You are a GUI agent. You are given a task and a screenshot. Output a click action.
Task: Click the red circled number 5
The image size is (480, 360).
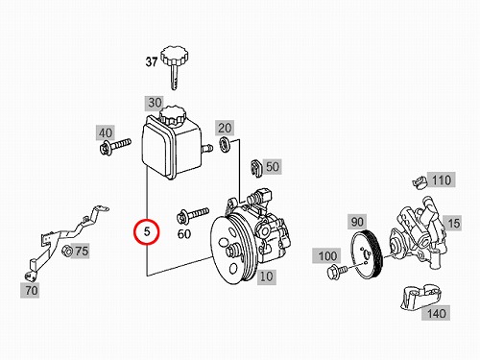147,231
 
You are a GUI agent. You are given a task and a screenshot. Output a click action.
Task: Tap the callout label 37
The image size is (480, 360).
152,61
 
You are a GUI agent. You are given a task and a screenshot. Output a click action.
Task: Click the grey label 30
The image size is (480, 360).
155,103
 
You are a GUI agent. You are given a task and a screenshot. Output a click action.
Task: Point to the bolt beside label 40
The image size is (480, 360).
115,146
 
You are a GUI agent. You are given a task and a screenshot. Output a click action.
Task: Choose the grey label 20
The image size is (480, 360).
225,128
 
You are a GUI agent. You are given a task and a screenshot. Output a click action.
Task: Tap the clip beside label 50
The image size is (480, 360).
255,167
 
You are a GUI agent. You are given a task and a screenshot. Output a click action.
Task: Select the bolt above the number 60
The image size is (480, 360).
193,215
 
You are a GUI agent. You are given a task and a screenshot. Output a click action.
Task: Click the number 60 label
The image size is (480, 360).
184,234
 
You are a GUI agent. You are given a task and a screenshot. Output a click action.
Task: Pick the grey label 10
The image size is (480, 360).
266,276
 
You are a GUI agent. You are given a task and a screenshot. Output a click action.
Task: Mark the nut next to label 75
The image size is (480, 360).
67,251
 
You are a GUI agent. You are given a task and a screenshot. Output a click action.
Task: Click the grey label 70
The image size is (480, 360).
31,290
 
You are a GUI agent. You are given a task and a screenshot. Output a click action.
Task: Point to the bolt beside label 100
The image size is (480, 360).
337,272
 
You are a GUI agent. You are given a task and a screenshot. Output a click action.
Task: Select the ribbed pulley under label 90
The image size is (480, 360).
367,256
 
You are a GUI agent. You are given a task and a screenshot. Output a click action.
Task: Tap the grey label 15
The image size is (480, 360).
453,223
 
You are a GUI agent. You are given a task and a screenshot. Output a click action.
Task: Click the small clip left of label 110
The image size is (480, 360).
420,182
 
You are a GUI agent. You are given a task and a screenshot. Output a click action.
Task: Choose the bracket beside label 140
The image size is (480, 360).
420,298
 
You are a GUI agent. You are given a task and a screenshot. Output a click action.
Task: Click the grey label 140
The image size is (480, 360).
436,313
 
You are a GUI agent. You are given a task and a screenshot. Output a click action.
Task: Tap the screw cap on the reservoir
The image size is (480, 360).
173,116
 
